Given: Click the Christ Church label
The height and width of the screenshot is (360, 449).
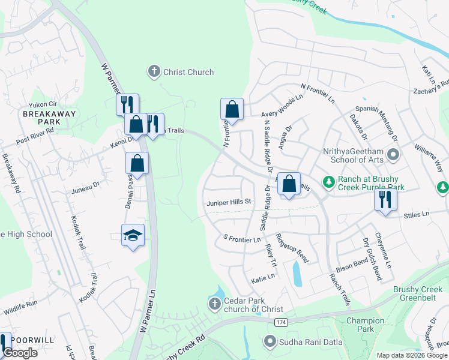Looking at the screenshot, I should (188, 72).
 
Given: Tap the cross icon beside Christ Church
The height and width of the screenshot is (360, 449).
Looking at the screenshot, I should (154, 72).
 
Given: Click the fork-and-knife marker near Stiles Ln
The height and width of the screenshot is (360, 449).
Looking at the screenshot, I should (385, 199).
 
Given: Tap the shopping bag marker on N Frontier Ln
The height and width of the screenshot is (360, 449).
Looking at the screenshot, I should (232, 110).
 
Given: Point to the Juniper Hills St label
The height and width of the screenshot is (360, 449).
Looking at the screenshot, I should (228, 202).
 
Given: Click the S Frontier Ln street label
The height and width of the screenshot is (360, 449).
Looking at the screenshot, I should (242, 239).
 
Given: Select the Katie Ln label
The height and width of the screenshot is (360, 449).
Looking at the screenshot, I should (263, 277).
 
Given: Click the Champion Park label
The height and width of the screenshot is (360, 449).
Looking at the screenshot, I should (365, 325).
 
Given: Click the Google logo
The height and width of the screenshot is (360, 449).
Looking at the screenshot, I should (20, 353).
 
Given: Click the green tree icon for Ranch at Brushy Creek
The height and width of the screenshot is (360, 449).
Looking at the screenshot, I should (328, 181).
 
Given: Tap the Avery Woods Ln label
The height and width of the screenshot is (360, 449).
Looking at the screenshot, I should (282, 107).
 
